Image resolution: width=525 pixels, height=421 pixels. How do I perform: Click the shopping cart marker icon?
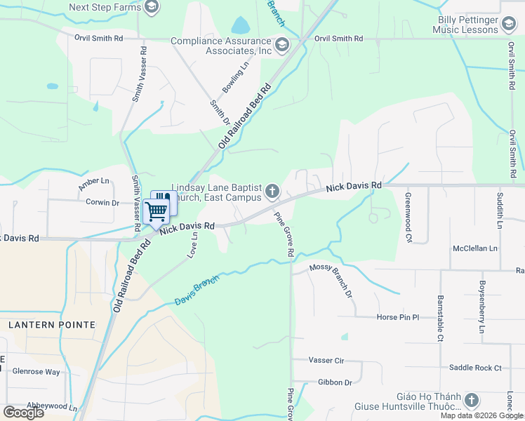156,210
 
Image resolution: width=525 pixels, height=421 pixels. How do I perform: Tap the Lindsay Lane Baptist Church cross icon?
272,191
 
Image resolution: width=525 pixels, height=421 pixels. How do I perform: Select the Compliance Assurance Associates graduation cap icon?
281,46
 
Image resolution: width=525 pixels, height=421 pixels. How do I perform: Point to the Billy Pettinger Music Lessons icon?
510,25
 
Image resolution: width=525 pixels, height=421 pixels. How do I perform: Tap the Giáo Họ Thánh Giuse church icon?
472,401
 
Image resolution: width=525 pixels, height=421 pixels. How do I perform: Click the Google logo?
23,413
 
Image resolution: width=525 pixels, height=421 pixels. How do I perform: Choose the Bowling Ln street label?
235,79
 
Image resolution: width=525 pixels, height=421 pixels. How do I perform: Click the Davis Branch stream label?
197,290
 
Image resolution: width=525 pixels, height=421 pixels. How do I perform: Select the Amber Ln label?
95,183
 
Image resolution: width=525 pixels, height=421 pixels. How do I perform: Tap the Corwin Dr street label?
102,202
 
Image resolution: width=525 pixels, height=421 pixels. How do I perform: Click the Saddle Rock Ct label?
475,368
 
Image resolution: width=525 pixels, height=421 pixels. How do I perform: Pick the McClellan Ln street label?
475,248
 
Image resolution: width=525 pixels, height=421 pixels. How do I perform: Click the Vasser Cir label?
326,360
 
